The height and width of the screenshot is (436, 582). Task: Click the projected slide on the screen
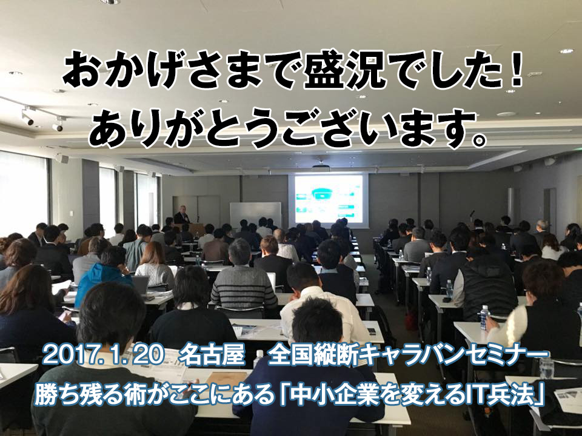coord(329,199)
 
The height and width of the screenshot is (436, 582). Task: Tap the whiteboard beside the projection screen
coord(256,214)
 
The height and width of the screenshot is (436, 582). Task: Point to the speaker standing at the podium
coord(182,215)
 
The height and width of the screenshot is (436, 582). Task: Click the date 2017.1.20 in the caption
coord(104,356)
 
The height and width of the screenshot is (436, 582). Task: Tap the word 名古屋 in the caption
coord(212,356)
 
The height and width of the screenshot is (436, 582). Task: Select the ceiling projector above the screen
coord(321,167)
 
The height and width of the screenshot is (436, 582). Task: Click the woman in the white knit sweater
coord(155,264)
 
